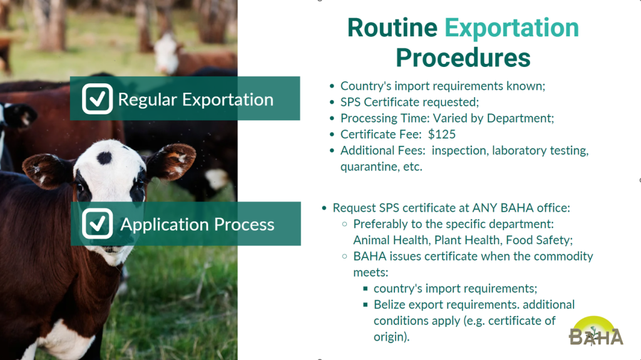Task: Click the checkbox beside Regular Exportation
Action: (97, 98)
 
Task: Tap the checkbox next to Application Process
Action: (97, 224)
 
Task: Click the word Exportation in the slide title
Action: (511, 28)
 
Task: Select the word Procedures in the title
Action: (463, 58)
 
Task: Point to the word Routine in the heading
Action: (392, 28)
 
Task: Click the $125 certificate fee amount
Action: (441, 134)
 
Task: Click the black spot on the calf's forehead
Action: (105, 158)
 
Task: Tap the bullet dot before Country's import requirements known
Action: (332, 86)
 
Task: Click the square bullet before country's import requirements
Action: (366, 289)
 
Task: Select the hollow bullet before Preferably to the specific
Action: (345, 224)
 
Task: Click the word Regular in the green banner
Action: (148, 100)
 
